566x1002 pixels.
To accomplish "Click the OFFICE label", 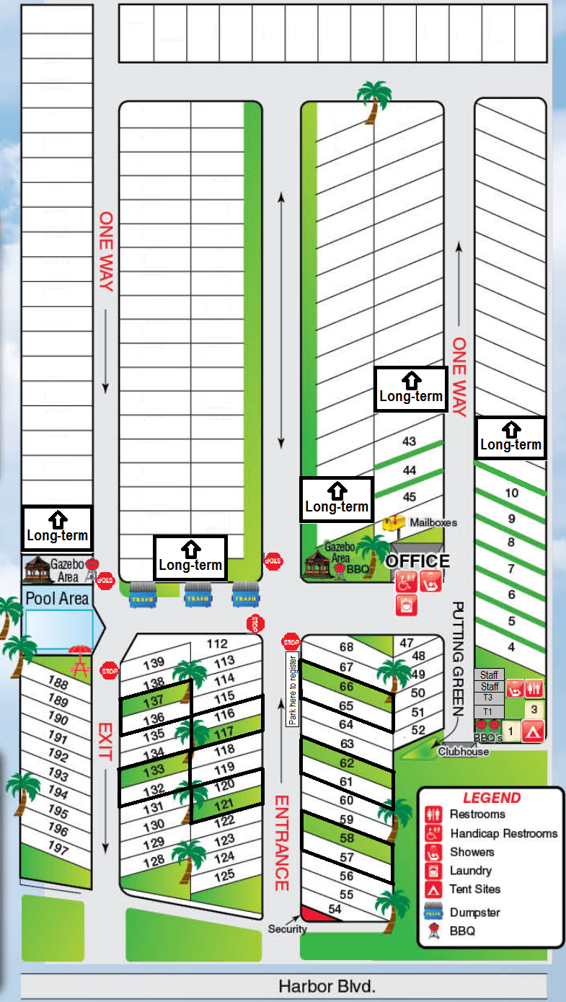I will pos(418,561).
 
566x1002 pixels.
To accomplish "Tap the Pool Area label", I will pos(57,598).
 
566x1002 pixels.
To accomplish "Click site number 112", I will pos(217,643).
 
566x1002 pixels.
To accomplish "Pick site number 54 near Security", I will pos(335,909).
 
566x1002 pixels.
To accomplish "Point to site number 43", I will pos(409,441).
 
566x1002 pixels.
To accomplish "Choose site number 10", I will pos(512,493).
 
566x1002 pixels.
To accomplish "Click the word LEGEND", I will pos(491,798).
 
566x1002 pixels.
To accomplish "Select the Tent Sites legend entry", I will pos(474,889).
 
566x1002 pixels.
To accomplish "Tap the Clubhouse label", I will pos(463,752).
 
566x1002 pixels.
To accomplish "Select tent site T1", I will pos(488,712).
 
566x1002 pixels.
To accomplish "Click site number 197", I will pos(58,845).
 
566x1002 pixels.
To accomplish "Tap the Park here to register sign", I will pos(292,689).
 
